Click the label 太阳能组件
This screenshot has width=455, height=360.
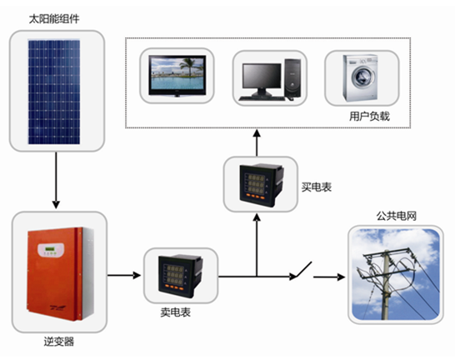point(54,19)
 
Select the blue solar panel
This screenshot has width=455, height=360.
point(54,92)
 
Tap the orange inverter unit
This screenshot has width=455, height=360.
point(60,274)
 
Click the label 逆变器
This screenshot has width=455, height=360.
point(59,342)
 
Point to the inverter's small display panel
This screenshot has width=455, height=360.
point(51,250)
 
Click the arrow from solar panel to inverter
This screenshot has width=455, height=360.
point(56,180)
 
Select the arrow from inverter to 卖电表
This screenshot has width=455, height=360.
point(124,275)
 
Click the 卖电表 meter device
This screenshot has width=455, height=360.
point(180,276)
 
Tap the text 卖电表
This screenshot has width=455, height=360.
point(176,312)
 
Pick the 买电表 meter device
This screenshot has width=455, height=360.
point(261,185)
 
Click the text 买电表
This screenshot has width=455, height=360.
point(317,187)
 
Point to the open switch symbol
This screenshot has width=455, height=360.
point(302,270)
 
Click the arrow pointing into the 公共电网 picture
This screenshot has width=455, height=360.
point(329,277)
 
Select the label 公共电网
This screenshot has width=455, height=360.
point(397,216)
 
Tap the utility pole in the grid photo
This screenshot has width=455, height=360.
point(386,285)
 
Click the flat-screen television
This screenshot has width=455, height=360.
point(177,76)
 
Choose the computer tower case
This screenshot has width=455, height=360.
point(292,78)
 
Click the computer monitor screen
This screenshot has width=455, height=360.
point(262,76)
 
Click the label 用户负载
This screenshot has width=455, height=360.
point(369,117)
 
